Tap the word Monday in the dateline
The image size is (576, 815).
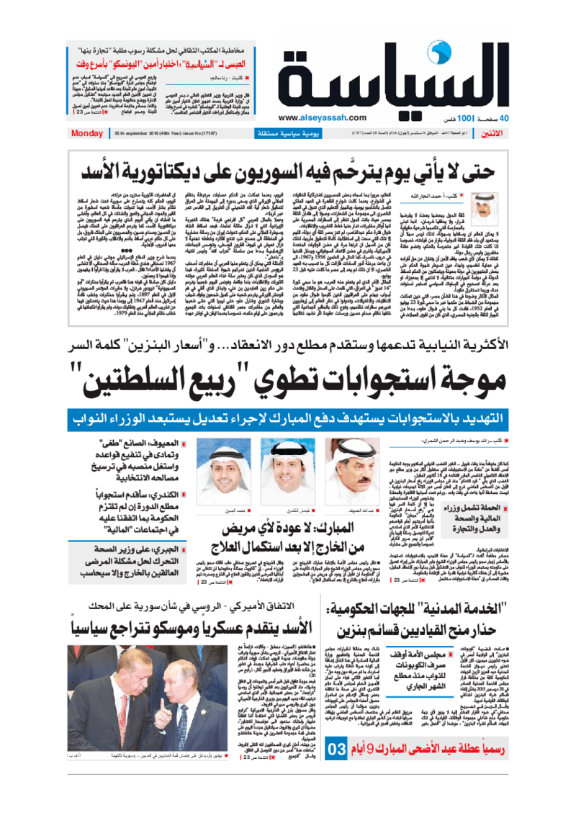(x=88, y=134)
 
